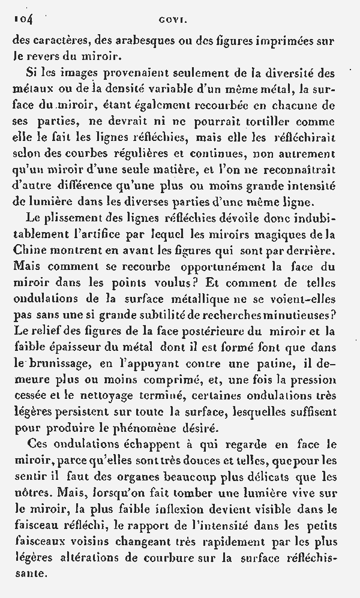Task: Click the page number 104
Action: tap(23, 19)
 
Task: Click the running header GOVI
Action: tap(173, 20)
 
